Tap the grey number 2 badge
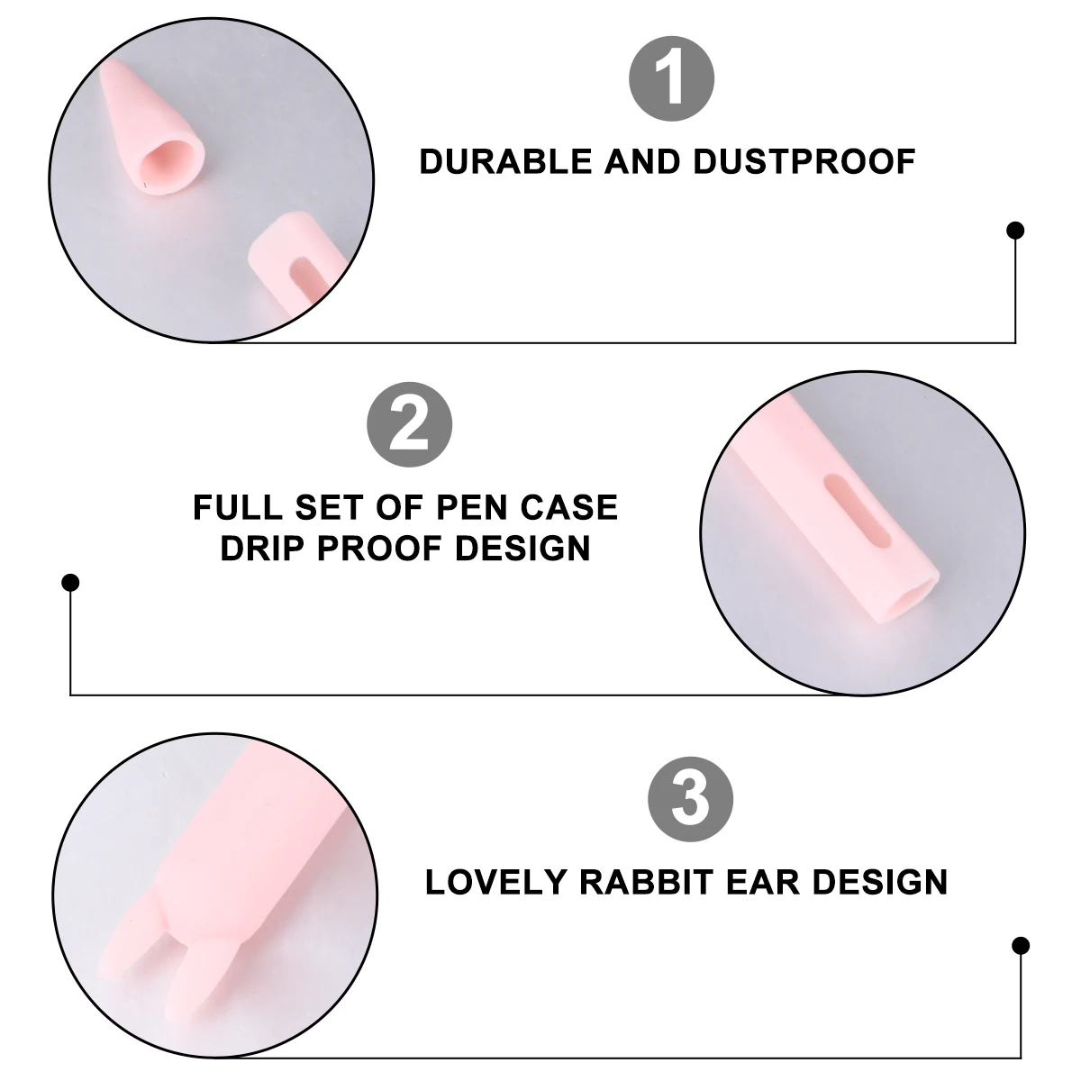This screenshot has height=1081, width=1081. coord(409,422)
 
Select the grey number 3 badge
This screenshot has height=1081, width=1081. coord(691,798)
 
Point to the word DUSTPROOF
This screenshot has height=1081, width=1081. coord(804,162)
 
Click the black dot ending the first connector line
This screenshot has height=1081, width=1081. coord(1015,231)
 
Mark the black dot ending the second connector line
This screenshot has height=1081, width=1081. coord(71,584)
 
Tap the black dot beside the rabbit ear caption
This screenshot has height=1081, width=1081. coord(1021,945)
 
